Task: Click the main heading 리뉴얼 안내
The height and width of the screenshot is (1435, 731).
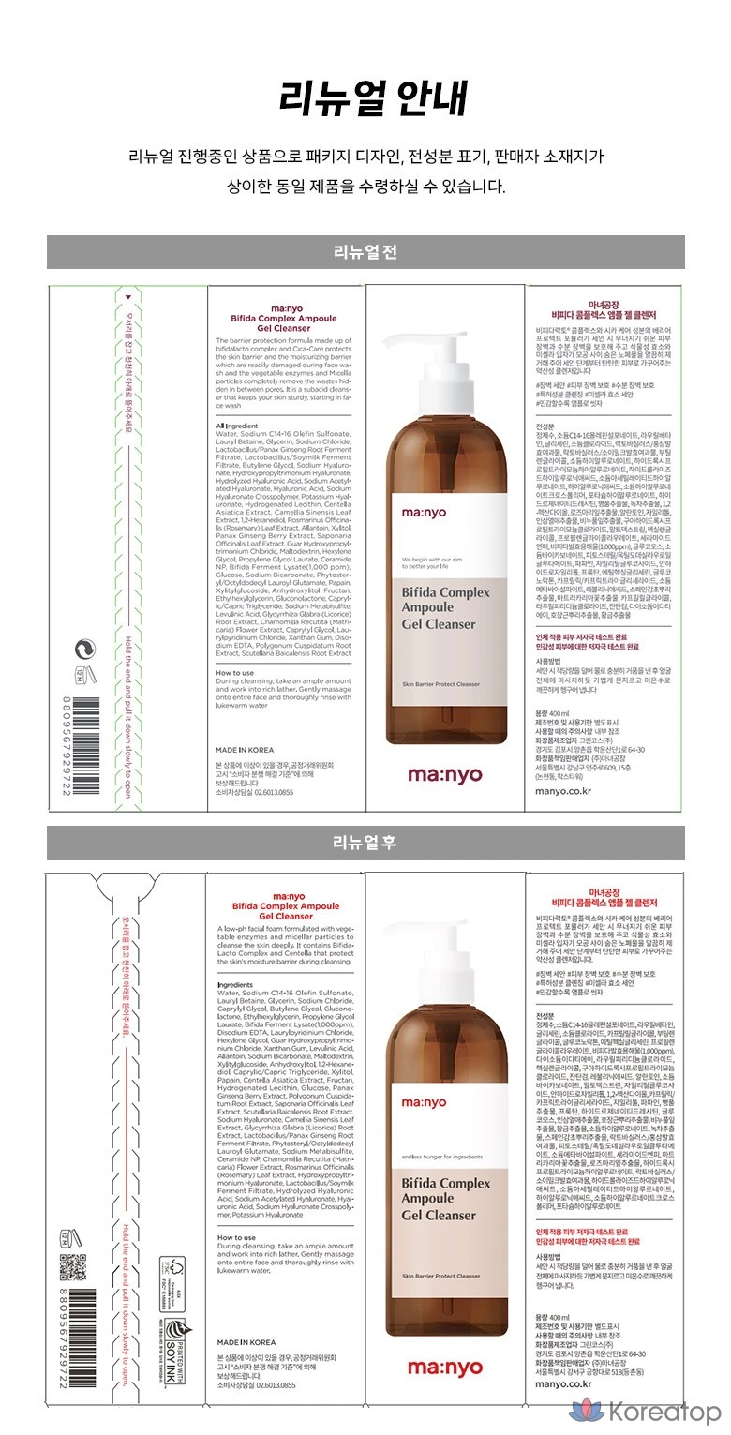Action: [365, 98]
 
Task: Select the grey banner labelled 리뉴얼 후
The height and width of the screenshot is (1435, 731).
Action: [365, 842]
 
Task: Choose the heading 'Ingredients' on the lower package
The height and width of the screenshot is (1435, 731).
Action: [235, 986]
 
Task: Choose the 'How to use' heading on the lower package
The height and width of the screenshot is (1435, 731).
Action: [236, 1237]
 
